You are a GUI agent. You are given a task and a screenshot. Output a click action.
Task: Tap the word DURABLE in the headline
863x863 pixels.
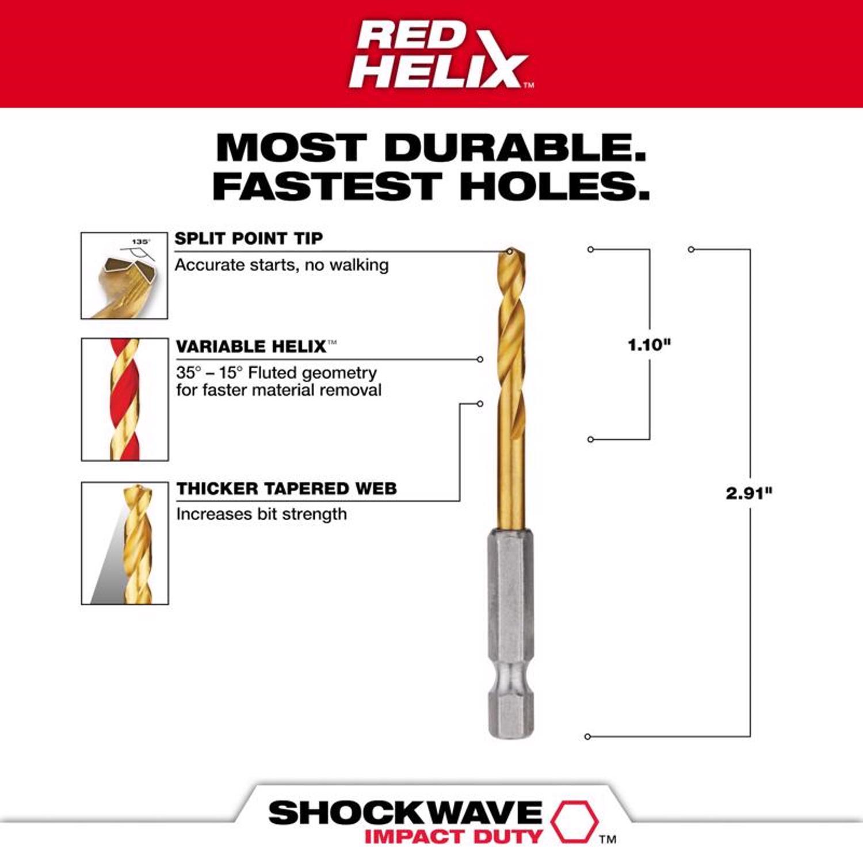(x=515, y=148)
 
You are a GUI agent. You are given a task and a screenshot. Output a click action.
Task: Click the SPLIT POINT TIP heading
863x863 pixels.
(x=249, y=238)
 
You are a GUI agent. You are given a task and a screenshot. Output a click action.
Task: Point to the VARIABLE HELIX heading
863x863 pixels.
(x=251, y=346)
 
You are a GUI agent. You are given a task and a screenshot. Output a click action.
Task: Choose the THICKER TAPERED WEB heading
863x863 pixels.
(x=287, y=488)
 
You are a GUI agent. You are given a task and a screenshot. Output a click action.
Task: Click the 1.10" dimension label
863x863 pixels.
(x=649, y=345)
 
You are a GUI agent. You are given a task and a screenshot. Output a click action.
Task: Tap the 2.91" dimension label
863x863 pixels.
(x=749, y=493)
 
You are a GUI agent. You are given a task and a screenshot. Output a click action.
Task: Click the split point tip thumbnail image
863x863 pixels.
(x=124, y=276)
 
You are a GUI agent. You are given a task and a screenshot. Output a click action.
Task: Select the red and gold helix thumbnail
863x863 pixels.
(x=125, y=399)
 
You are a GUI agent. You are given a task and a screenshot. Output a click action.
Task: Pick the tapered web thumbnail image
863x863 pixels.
(x=125, y=543)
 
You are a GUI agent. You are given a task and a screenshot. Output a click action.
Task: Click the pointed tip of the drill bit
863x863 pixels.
(x=510, y=251)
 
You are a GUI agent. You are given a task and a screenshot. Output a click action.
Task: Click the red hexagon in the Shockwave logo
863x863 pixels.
(x=574, y=821)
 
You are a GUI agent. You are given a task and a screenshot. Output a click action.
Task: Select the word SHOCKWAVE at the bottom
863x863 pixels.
(x=405, y=813)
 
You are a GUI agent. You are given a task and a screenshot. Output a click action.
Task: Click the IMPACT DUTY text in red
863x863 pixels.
(x=453, y=837)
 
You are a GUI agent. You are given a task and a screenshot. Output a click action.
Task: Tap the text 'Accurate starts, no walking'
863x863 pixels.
(x=282, y=265)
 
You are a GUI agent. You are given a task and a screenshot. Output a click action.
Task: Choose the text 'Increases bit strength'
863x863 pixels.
(x=261, y=514)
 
